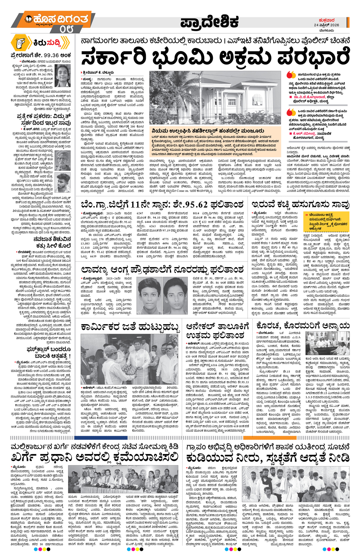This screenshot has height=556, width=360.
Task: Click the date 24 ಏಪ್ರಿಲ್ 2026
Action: (x=326, y=25)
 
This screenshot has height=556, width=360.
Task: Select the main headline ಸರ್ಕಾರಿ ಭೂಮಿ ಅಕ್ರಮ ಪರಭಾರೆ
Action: (x=215, y=57)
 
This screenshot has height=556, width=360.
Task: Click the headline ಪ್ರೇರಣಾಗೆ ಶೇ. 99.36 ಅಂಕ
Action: (x=40, y=55)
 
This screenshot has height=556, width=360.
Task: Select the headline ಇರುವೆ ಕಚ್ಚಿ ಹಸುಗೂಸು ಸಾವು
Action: (x=301, y=205)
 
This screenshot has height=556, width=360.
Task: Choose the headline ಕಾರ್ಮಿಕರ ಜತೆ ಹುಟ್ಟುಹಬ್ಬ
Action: (x=130, y=327)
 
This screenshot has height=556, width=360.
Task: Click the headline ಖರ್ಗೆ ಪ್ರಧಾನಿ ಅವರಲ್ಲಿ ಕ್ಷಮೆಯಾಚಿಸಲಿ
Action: (x=95, y=458)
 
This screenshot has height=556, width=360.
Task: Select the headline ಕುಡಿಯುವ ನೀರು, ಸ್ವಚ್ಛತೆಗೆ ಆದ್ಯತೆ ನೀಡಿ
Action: (x=267, y=458)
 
